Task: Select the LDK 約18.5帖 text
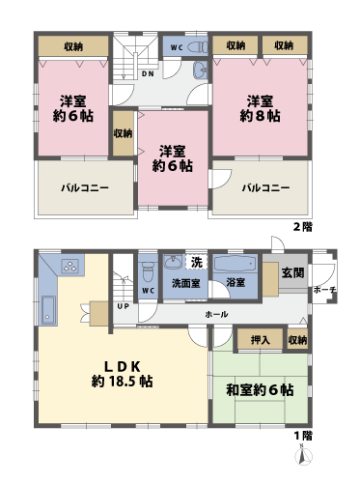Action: tap(124, 373)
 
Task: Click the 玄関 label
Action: tap(292, 273)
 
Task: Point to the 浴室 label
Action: tap(235, 283)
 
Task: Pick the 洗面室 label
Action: tap(185, 284)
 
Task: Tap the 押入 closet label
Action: tap(260, 341)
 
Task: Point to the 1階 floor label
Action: tap(302, 437)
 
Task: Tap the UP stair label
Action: tap(124, 306)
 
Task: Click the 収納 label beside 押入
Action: tap(296, 341)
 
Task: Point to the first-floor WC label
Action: tap(149, 290)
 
